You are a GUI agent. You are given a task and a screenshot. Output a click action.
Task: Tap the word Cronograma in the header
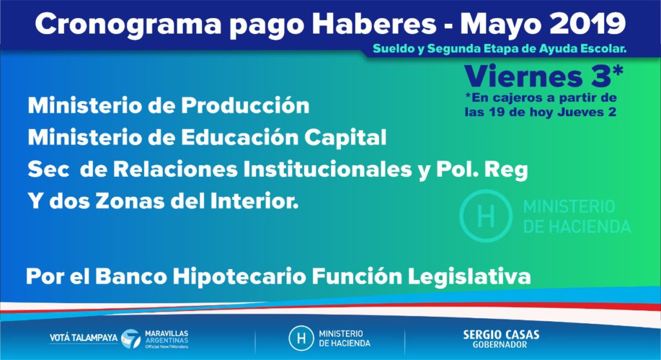(x=128, y=25)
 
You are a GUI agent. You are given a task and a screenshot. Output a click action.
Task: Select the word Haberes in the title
(x=374, y=24)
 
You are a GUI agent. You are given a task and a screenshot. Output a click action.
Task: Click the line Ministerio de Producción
(x=168, y=105)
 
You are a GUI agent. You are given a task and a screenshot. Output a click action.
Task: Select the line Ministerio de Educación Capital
(x=207, y=137)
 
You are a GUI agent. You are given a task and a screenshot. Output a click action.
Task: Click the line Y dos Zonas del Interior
(x=163, y=201)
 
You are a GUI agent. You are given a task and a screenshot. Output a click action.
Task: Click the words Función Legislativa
(x=421, y=277)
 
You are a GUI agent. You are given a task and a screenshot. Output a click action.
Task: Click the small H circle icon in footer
(x=301, y=339)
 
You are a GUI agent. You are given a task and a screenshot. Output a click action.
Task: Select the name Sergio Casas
(x=501, y=335)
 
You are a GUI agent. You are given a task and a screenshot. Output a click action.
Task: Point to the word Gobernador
(x=500, y=345)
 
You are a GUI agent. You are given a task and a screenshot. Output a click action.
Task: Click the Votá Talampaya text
(x=83, y=337)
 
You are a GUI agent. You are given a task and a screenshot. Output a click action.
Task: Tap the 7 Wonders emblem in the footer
(x=131, y=339)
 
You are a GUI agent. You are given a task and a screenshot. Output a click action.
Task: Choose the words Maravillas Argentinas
(x=167, y=337)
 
